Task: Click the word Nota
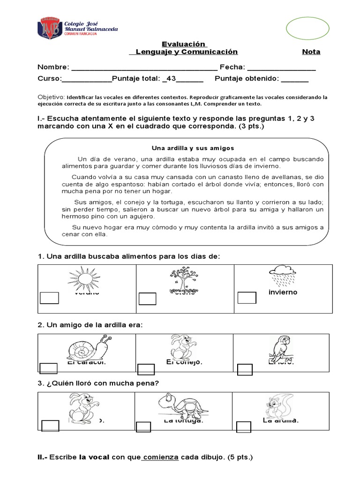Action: pos(311,52)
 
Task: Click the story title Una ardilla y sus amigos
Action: pos(193,148)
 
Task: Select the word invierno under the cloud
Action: pos(283,292)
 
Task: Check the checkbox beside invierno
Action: pos(247,298)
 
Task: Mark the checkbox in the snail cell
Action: pos(49,369)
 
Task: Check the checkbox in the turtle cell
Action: pos(143,427)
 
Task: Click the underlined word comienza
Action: pos(160,457)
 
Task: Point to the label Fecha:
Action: pos(232,67)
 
